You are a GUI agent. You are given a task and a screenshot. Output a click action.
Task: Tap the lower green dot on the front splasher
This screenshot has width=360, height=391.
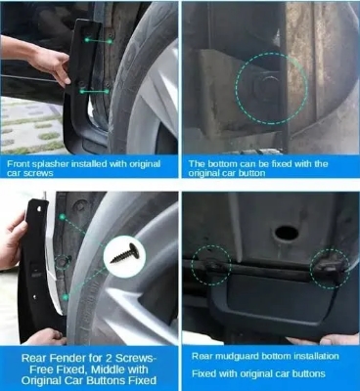click(81, 90)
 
